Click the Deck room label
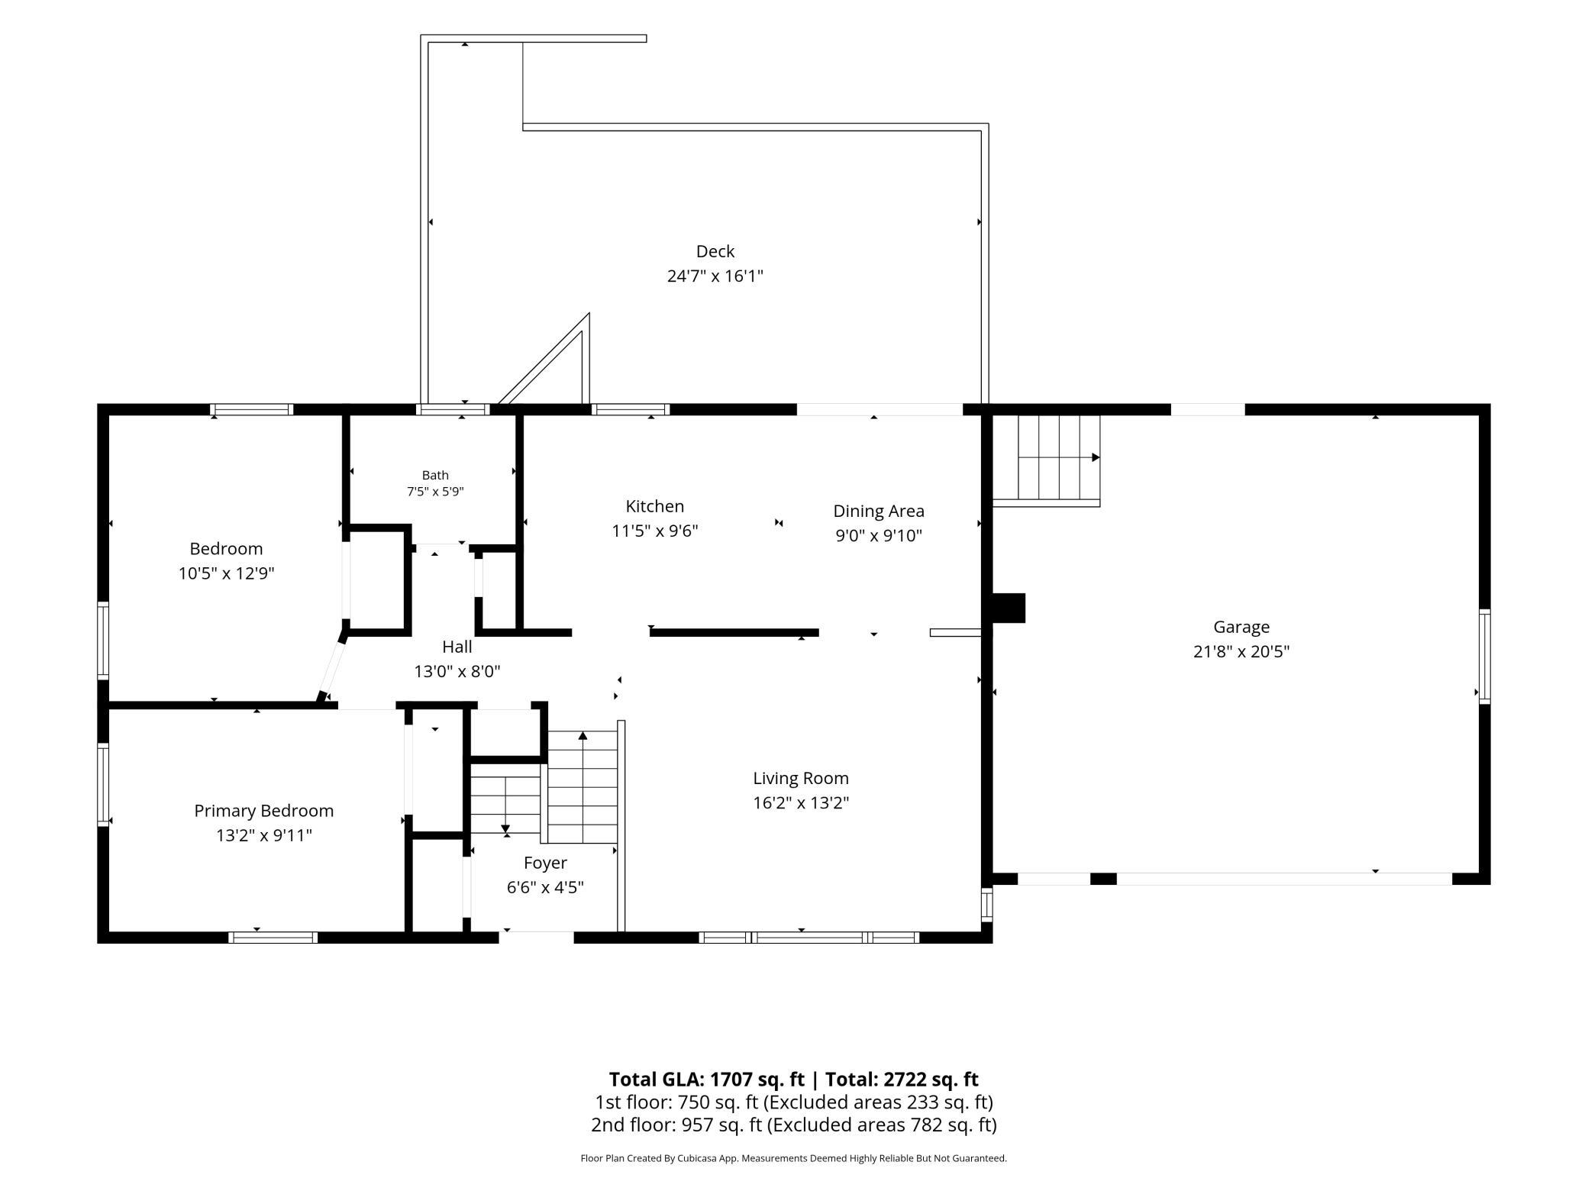(715, 251)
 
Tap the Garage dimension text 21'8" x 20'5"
(1241, 651)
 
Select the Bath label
(435, 475)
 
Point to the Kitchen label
(655, 506)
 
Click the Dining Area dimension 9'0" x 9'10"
(879, 535)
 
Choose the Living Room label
(801, 778)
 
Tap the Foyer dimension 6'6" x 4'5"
(545, 887)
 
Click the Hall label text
(457, 647)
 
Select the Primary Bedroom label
(264, 811)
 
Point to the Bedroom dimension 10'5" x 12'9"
(227, 573)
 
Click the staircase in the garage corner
(1046, 460)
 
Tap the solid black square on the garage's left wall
(1008, 608)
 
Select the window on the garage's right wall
(1484, 656)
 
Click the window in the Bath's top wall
(453, 409)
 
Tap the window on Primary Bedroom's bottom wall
(273, 938)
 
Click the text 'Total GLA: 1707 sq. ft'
(707, 1079)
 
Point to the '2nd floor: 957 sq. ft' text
(676, 1125)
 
